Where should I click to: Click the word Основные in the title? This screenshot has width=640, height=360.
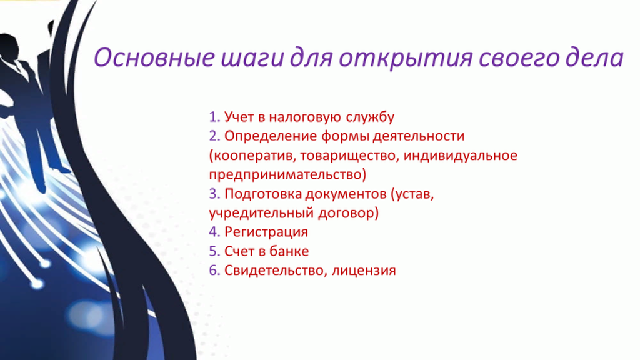(154, 57)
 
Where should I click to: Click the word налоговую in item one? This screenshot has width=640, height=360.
(304, 117)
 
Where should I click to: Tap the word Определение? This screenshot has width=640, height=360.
(271, 136)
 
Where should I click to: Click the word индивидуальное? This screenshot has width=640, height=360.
(461, 156)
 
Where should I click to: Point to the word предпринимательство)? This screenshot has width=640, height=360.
(287, 175)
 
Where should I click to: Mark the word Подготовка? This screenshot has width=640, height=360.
(263, 194)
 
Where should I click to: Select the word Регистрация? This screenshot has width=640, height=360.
(266, 232)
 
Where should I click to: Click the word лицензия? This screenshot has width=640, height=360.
(364, 271)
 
